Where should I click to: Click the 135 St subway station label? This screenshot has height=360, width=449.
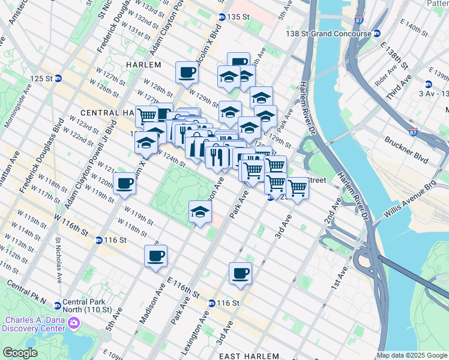click(x=237, y=17)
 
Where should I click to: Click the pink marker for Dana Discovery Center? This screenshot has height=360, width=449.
click(x=74, y=324)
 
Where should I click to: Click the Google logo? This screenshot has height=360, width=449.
click(x=20, y=353)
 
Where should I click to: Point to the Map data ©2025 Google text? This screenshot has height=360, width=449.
click(x=411, y=356)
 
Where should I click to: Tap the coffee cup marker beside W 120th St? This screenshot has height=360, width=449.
click(x=125, y=183)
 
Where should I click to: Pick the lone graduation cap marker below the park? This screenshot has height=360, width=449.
click(x=200, y=212)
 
